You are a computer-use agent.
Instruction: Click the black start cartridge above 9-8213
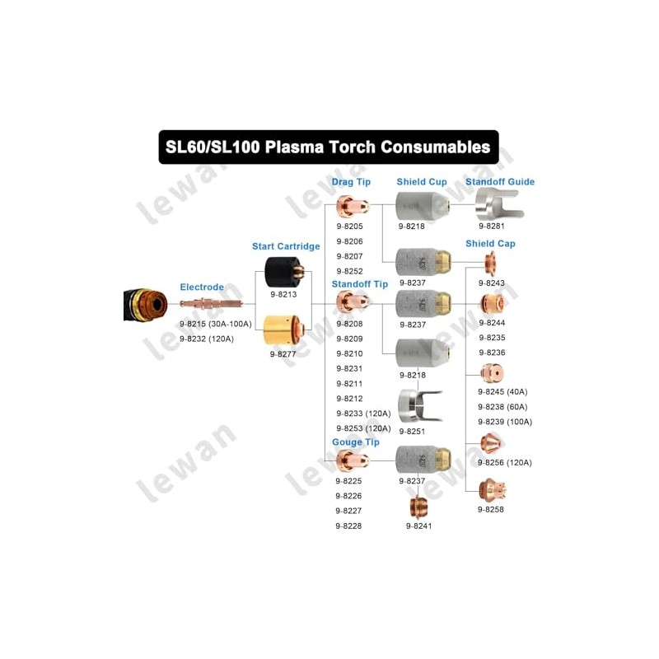coord(283,272)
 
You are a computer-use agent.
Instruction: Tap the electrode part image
coord(212,303)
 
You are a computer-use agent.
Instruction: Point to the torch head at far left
coord(145,305)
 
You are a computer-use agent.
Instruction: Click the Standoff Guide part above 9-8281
coord(499,204)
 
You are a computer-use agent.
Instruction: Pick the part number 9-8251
coord(412,431)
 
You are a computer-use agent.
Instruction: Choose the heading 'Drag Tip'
coord(351,182)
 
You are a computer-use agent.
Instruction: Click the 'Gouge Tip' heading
coord(356,442)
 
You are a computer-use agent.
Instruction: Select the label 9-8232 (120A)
coord(207,339)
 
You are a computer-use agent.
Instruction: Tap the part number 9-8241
coord(418,526)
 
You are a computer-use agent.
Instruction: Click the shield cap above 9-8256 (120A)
coord(491,444)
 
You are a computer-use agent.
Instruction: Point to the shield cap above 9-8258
coord(493,490)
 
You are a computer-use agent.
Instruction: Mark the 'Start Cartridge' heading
coord(286,246)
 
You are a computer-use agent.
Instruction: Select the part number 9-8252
coord(349,271)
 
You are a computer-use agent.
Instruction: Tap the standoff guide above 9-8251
coord(419,406)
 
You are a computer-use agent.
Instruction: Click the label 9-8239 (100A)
coord(505,422)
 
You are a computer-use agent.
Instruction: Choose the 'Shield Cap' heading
coord(490,244)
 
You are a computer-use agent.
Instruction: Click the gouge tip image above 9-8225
coord(353,461)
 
